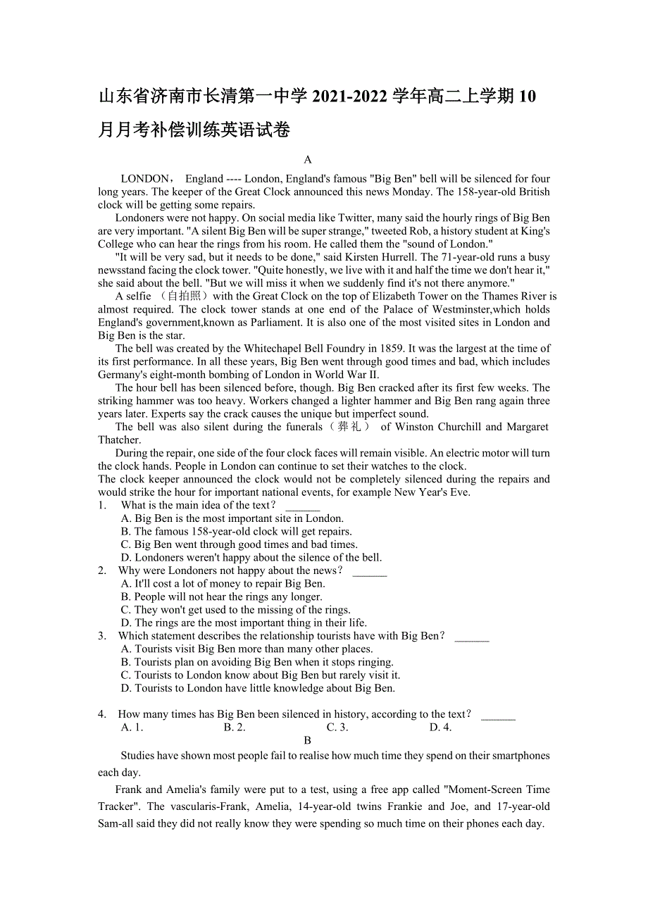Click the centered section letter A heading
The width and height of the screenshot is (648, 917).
pos(308,160)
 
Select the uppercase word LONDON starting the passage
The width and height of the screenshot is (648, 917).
pos(145,179)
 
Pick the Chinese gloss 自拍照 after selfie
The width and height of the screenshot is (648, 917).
pos(181,297)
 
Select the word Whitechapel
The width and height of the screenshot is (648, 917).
pos(275,349)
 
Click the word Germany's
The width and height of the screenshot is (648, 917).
pos(123,375)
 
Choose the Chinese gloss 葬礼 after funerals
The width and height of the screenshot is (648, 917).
pos(349,427)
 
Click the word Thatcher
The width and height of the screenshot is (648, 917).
pos(119,440)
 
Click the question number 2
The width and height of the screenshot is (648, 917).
pos(103,571)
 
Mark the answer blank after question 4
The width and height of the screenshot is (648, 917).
pos(498,715)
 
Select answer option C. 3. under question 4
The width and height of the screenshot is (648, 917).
pos(337,728)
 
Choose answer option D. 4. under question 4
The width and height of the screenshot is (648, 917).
pos(440,728)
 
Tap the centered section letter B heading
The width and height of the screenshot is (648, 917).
pos(308,740)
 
